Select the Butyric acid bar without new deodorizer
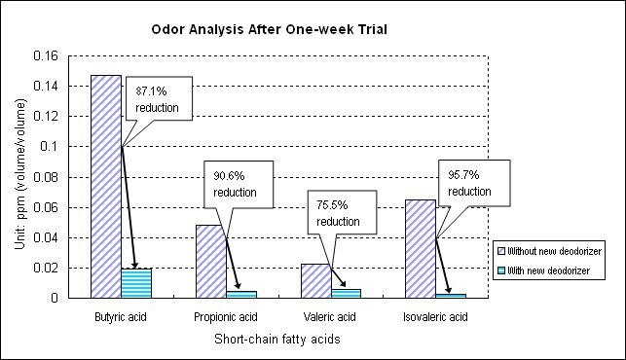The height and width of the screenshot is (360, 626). (x=105, y=186)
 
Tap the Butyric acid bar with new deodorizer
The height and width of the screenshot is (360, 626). (x=136, y=283)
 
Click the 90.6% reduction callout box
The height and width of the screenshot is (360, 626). (x=235, y=184)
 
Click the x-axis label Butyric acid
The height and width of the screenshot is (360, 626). (x=121, y=317)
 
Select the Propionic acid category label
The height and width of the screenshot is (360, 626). (x=226, y=317)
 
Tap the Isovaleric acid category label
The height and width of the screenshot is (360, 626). (x=436, y=317)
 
